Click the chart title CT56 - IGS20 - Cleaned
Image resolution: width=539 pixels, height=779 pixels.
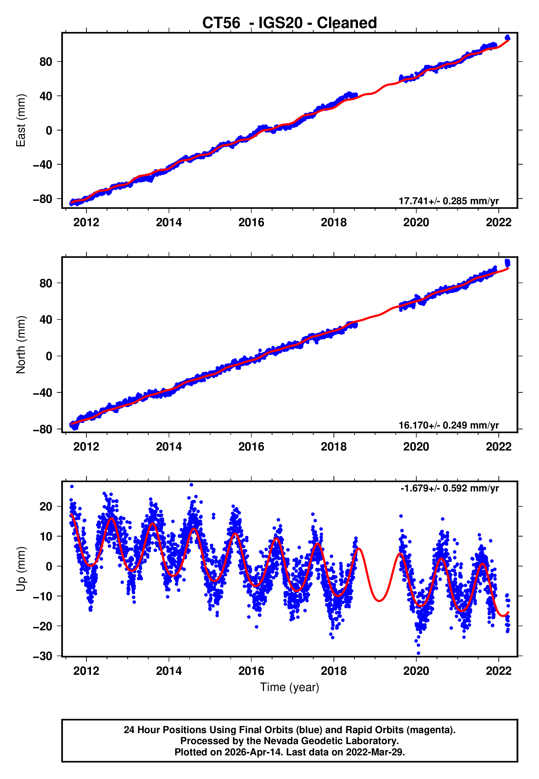coord(290,23)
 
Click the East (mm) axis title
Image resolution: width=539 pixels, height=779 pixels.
coord(21,120)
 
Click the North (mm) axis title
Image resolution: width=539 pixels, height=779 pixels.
coord(21,345)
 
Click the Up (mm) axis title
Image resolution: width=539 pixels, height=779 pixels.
coord(21,568)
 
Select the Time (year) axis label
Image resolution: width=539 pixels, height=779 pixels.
coord(290,687)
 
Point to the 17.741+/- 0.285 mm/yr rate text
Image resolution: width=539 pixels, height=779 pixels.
coord(449,201)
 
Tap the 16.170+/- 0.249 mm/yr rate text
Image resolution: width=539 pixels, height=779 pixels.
coord(449,425)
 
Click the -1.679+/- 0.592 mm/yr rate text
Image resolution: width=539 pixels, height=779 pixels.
coord(449,488)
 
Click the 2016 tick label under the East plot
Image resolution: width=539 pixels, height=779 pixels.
coord(251,222)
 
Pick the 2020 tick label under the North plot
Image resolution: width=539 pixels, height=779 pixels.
coord(416,447)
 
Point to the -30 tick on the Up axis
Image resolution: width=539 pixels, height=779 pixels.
coord(43,656)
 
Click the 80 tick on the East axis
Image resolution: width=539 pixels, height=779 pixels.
coord(46,62)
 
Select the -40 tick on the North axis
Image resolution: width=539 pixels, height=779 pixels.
coord(43,393)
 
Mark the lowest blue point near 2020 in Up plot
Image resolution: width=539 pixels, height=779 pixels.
coord(418,653)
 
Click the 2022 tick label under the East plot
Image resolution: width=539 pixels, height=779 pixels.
coord(498,222)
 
